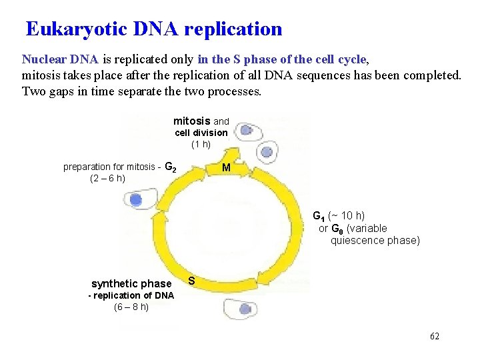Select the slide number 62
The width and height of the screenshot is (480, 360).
[435, 337]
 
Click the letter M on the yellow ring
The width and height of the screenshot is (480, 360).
[226, 168]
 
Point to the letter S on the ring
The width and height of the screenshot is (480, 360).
[191, 281]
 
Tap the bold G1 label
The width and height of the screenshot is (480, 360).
[319, 215]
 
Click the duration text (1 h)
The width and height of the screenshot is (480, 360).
[201, 144]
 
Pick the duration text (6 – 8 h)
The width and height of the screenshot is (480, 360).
[131, 307]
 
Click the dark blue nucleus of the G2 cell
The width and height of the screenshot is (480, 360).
[136, 199]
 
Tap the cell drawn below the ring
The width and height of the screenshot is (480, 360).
[240, 309]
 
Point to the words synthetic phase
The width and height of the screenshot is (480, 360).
[131, 284]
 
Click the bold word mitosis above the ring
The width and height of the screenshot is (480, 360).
[191, 121]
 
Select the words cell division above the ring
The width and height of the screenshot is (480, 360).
[201, 133]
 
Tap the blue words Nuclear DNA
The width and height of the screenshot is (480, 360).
[60, 59]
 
